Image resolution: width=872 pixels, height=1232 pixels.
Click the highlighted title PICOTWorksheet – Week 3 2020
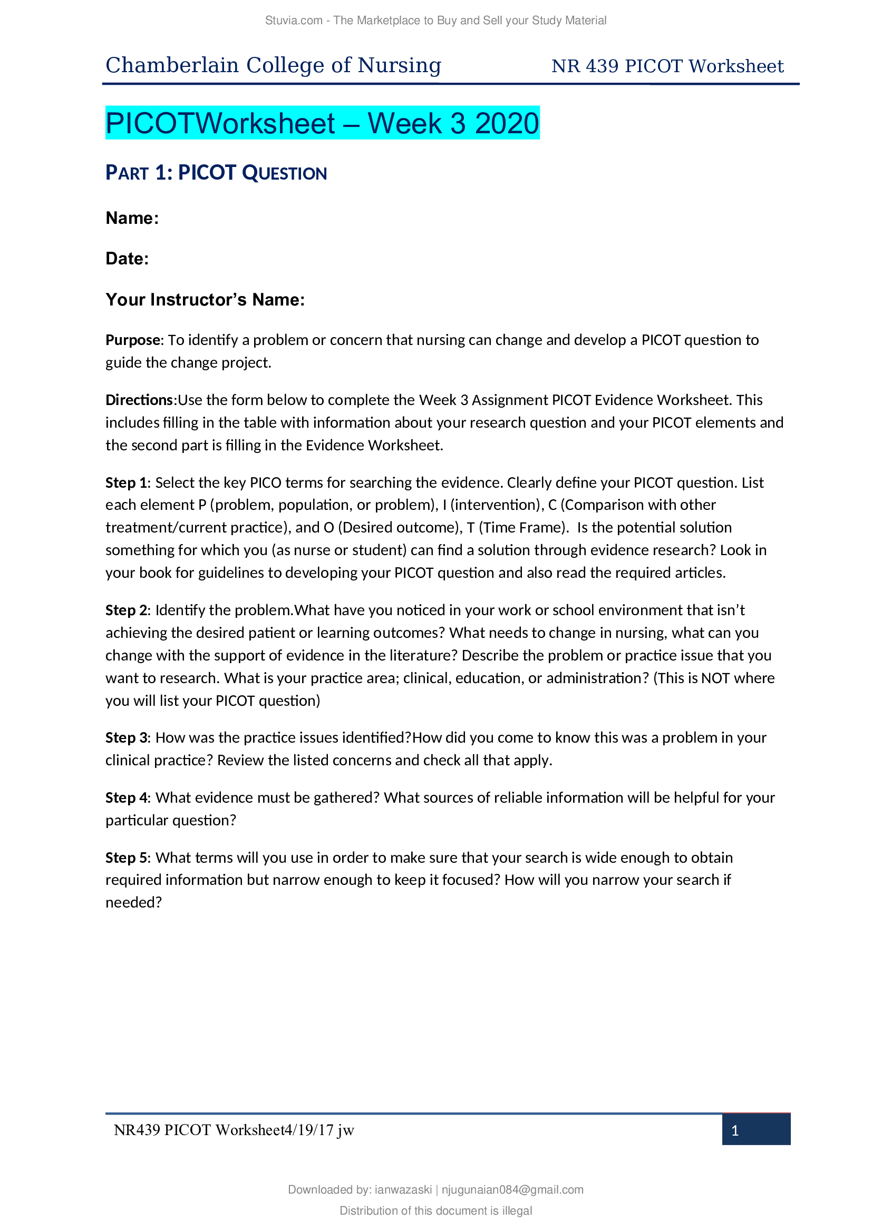pyautogui.click(x=322, y=123)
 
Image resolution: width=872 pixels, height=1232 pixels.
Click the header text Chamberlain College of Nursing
pyautogui.click(x=273, y=65)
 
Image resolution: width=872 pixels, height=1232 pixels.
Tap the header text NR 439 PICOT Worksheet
pyautogui.click(x=667, y=66)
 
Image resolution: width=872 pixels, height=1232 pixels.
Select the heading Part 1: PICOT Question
pyautogui.click(x=216, y=173)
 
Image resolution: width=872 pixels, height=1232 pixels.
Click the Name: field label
pyautogui.click(x=132, y=218)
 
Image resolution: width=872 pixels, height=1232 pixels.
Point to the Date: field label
pyautogui.click(x=127, y=259)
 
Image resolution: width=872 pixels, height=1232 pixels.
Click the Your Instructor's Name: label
pyautogui.click(x=205, y=299)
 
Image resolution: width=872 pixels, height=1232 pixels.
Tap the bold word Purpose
pyautogui.click(x=133, y=340)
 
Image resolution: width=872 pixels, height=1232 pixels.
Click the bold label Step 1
pyautogui.click(x=125, y=483)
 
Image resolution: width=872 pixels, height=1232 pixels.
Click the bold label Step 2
pyautogui.click(x=125, y=610)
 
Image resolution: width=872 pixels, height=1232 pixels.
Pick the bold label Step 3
pyautogui.click(x=125, y=738)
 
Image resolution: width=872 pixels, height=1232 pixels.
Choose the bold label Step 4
pyautogui.click(x=125, y=798)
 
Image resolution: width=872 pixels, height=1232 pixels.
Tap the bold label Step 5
pyautogui.click(x=125, y=858)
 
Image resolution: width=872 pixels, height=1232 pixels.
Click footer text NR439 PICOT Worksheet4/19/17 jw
pyautogui.click(x=234, y=1130)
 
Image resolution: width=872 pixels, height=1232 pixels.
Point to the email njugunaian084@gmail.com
pyautogui.click(x=512, y=1190)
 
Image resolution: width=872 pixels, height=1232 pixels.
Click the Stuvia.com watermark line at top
pyautogui.click(x=435, y=21)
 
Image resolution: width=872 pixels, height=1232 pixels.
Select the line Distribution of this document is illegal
pyautogui.click(x=435, y=1210)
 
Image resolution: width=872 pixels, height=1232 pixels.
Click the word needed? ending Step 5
pyautogui.click(x=133, y=903)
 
